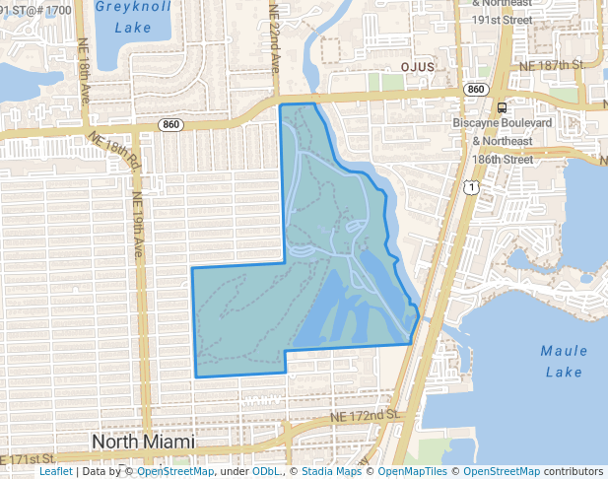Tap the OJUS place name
click(x=418, y=66)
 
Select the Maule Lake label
click(x=564, y=361)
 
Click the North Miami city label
click(x=144, y=442)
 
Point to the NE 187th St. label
click(x=552, y=64)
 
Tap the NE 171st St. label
click(x=30, y=460)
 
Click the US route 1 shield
click(x=474, y=186)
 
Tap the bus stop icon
click(x=503, y=107)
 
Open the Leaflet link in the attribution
click(x=56, y=471)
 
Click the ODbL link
click(x=266, y=471)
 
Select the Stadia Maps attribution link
click(x=331, y=471)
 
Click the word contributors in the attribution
click(x=574, y=471)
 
